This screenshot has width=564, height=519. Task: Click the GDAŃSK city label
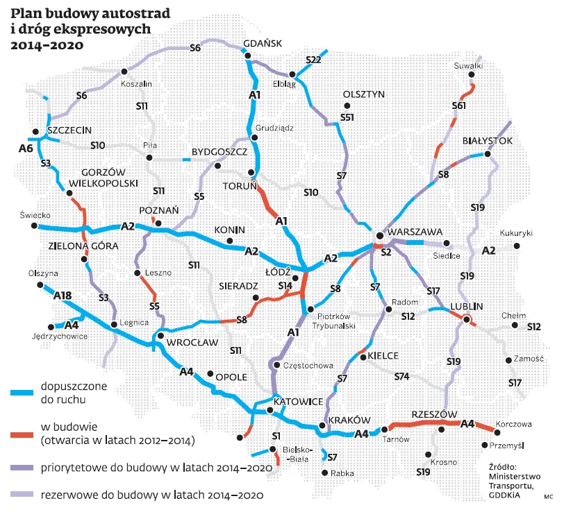tap(263, 42)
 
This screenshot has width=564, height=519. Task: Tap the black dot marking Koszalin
tap(124, 71)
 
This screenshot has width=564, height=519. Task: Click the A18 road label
tap(63, 296)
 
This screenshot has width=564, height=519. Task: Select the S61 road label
tap(458, 105)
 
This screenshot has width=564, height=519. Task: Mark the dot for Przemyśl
tap(484, 445)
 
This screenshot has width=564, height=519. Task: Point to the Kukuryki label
tap(515, 234)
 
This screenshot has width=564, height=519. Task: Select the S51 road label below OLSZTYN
tap(347, 117)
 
